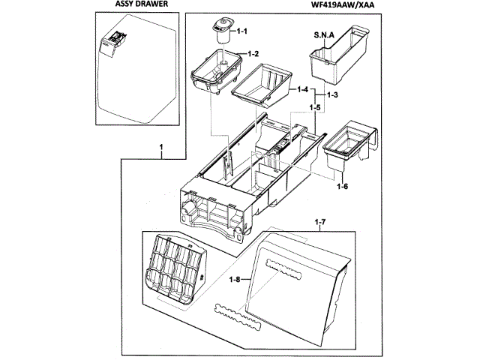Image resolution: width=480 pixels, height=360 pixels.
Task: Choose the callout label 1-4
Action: (x=303, y=89)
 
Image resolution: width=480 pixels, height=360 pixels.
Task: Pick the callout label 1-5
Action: (x=316, y=108)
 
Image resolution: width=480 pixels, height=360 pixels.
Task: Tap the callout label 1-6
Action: (x=342, y=186)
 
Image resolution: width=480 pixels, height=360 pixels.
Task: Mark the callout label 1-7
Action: (x=319, y=223)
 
